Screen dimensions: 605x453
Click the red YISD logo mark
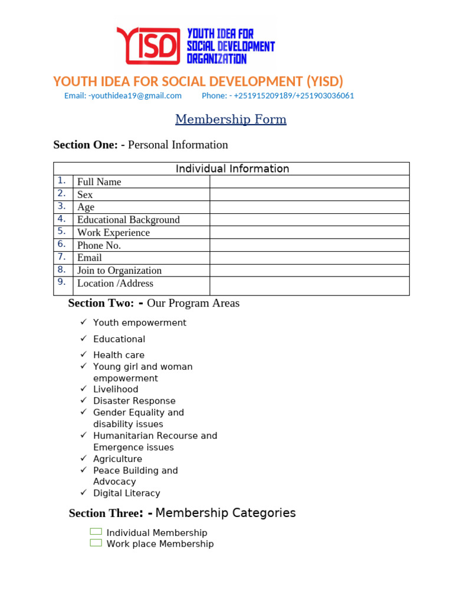[148, 45]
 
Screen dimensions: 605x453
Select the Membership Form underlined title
[231, 119]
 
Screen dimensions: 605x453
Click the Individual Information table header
[232, 169]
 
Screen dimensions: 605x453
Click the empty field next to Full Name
[309, 182]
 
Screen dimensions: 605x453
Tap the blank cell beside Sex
[309, 194]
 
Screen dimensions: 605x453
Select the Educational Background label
[128, 220]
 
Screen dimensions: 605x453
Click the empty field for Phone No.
[309, 245]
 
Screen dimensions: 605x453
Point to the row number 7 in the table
[62, 257]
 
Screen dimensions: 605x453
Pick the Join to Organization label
[119, 271]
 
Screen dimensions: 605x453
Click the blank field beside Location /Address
[309, 286]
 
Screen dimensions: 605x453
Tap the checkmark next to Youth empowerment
[83, 322]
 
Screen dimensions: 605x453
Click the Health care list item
[119, 355]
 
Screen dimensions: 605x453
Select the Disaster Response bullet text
[134, 401]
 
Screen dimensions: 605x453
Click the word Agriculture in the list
[117, 459]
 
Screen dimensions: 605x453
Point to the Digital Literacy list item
[126, 493]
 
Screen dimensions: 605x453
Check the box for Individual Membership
[96, 532]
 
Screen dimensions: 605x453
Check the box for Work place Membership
[96, 543]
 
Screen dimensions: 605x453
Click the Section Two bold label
[101, 303]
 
